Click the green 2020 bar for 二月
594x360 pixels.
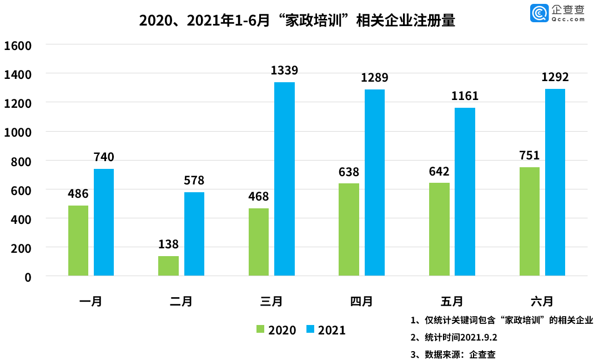(x=168, y=266)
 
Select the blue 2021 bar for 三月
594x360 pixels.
(x=284, y=179)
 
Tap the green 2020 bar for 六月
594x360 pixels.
(x=529, y=221)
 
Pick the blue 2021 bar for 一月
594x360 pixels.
(x=104, y=222)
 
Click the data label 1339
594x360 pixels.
(x=284, y=71)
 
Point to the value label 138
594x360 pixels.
(x=168, y=244)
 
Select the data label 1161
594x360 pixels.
(x=465, y=96)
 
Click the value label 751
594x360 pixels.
(x=529, y=156)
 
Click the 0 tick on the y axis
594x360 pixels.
(x=28, y=277)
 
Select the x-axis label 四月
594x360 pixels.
(x=361, y=302)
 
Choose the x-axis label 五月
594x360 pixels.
(x=452, y=302)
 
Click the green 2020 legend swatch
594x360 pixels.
(x=260, y=329)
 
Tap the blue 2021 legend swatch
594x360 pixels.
(x=310, y=329)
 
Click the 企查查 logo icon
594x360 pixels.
(x=539, y=13)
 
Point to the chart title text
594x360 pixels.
(x=297, y=21)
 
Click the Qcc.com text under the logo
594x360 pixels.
(x=569, y=19)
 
